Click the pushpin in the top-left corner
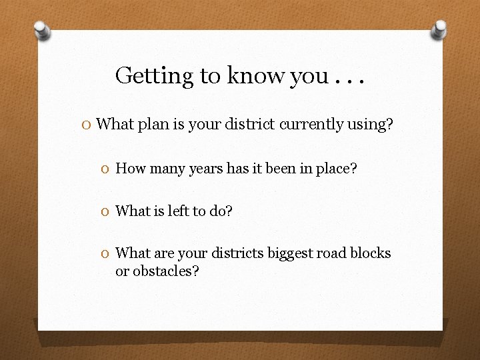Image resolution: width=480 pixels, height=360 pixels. pos(42,29)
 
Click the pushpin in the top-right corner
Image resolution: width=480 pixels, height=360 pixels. pos(439,29)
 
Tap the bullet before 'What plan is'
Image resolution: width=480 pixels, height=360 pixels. pos(87,124)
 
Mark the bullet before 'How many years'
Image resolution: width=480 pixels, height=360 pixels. pos(107,169)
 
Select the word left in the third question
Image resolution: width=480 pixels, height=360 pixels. pos(179,211)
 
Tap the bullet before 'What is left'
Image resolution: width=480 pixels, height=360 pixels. pos(107,211)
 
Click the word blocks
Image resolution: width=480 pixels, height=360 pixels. pos(371,253)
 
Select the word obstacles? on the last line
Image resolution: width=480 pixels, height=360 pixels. pos(165,271)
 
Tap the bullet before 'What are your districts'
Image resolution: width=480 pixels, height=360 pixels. pos(107,253)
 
